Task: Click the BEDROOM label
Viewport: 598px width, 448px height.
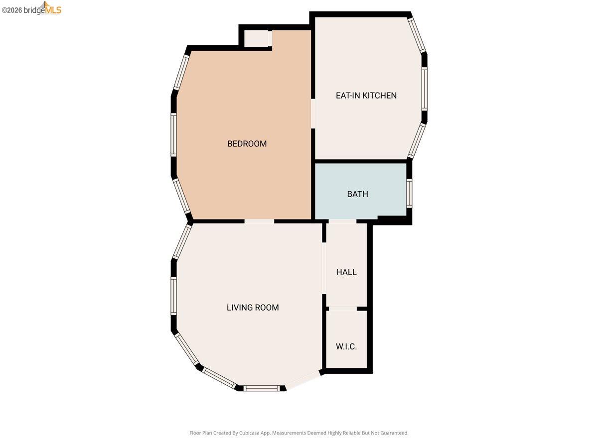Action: pyautogui.click(x=247, y=144)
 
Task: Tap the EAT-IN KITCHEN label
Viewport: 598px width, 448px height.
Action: pyautogui.click(x=366, y=96)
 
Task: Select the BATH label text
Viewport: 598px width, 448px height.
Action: pyautogui.click(x=357, y=194)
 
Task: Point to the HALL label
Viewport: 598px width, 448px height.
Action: pyautogui.click(x=346, y=272)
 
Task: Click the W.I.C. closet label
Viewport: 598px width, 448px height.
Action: pyautogui.click(x=346, y=346)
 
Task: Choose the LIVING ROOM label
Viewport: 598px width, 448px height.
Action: pyautogui.click(x=253, y=308)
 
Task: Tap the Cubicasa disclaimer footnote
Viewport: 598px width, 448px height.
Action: pyautogui.click(x=299, y=433)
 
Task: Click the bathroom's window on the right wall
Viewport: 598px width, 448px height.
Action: pyautogui.click(x=409, y=193)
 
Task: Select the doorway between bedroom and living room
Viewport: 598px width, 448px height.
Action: pyautogui.click(x=259, y=221)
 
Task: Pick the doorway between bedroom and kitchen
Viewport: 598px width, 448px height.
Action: pyautogui.click(x=313, y=114)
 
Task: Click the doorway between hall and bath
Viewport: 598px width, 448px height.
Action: pyautogui.click(x=342, y=221)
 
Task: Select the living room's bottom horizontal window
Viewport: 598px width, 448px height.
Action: pyautogui.click(x=262, y=388)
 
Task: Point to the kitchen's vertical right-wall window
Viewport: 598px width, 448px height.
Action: pyautogui.click(x=424, y=89)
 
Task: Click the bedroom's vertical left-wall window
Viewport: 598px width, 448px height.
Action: pyautogui.click(x=173, y=135)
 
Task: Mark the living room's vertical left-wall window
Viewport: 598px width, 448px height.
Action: pyautogui.click(x=173, y=296)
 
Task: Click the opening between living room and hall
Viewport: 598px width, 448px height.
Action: pyautogui.click(x=324, y=268)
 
